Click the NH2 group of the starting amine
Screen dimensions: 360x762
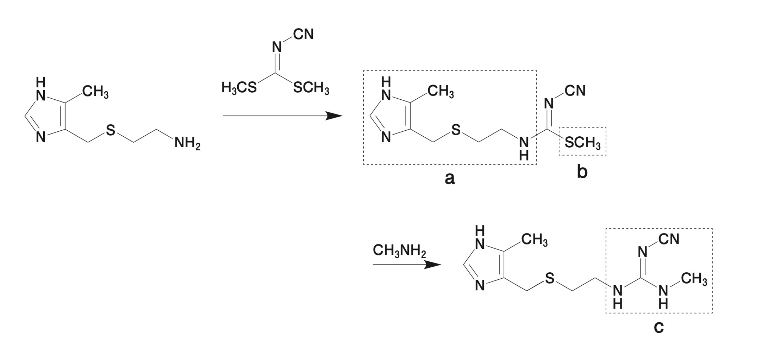coord(187,143)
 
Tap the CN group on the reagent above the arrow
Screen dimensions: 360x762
coord(303,35)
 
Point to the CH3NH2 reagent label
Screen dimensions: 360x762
coord(399,251)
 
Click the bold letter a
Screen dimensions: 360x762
coord(450,179)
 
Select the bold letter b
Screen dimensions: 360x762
coord(582,172)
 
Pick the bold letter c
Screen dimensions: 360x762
coord(658,327)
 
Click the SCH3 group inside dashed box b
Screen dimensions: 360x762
coord(583,143)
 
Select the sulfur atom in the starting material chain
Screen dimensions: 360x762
coord(111,130)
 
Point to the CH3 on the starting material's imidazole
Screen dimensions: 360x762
coord(95,92)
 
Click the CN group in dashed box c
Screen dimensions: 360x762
coord(669,239)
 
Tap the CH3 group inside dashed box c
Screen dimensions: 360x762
coord(694,279)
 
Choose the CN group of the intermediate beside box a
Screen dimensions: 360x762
coord(575,91)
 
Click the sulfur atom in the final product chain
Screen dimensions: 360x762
coord(549,279)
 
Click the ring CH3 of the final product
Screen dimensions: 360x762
coord(535,240)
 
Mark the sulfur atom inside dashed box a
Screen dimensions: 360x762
coord(456,130)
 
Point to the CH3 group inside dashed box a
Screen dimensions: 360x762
coord(441,92)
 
